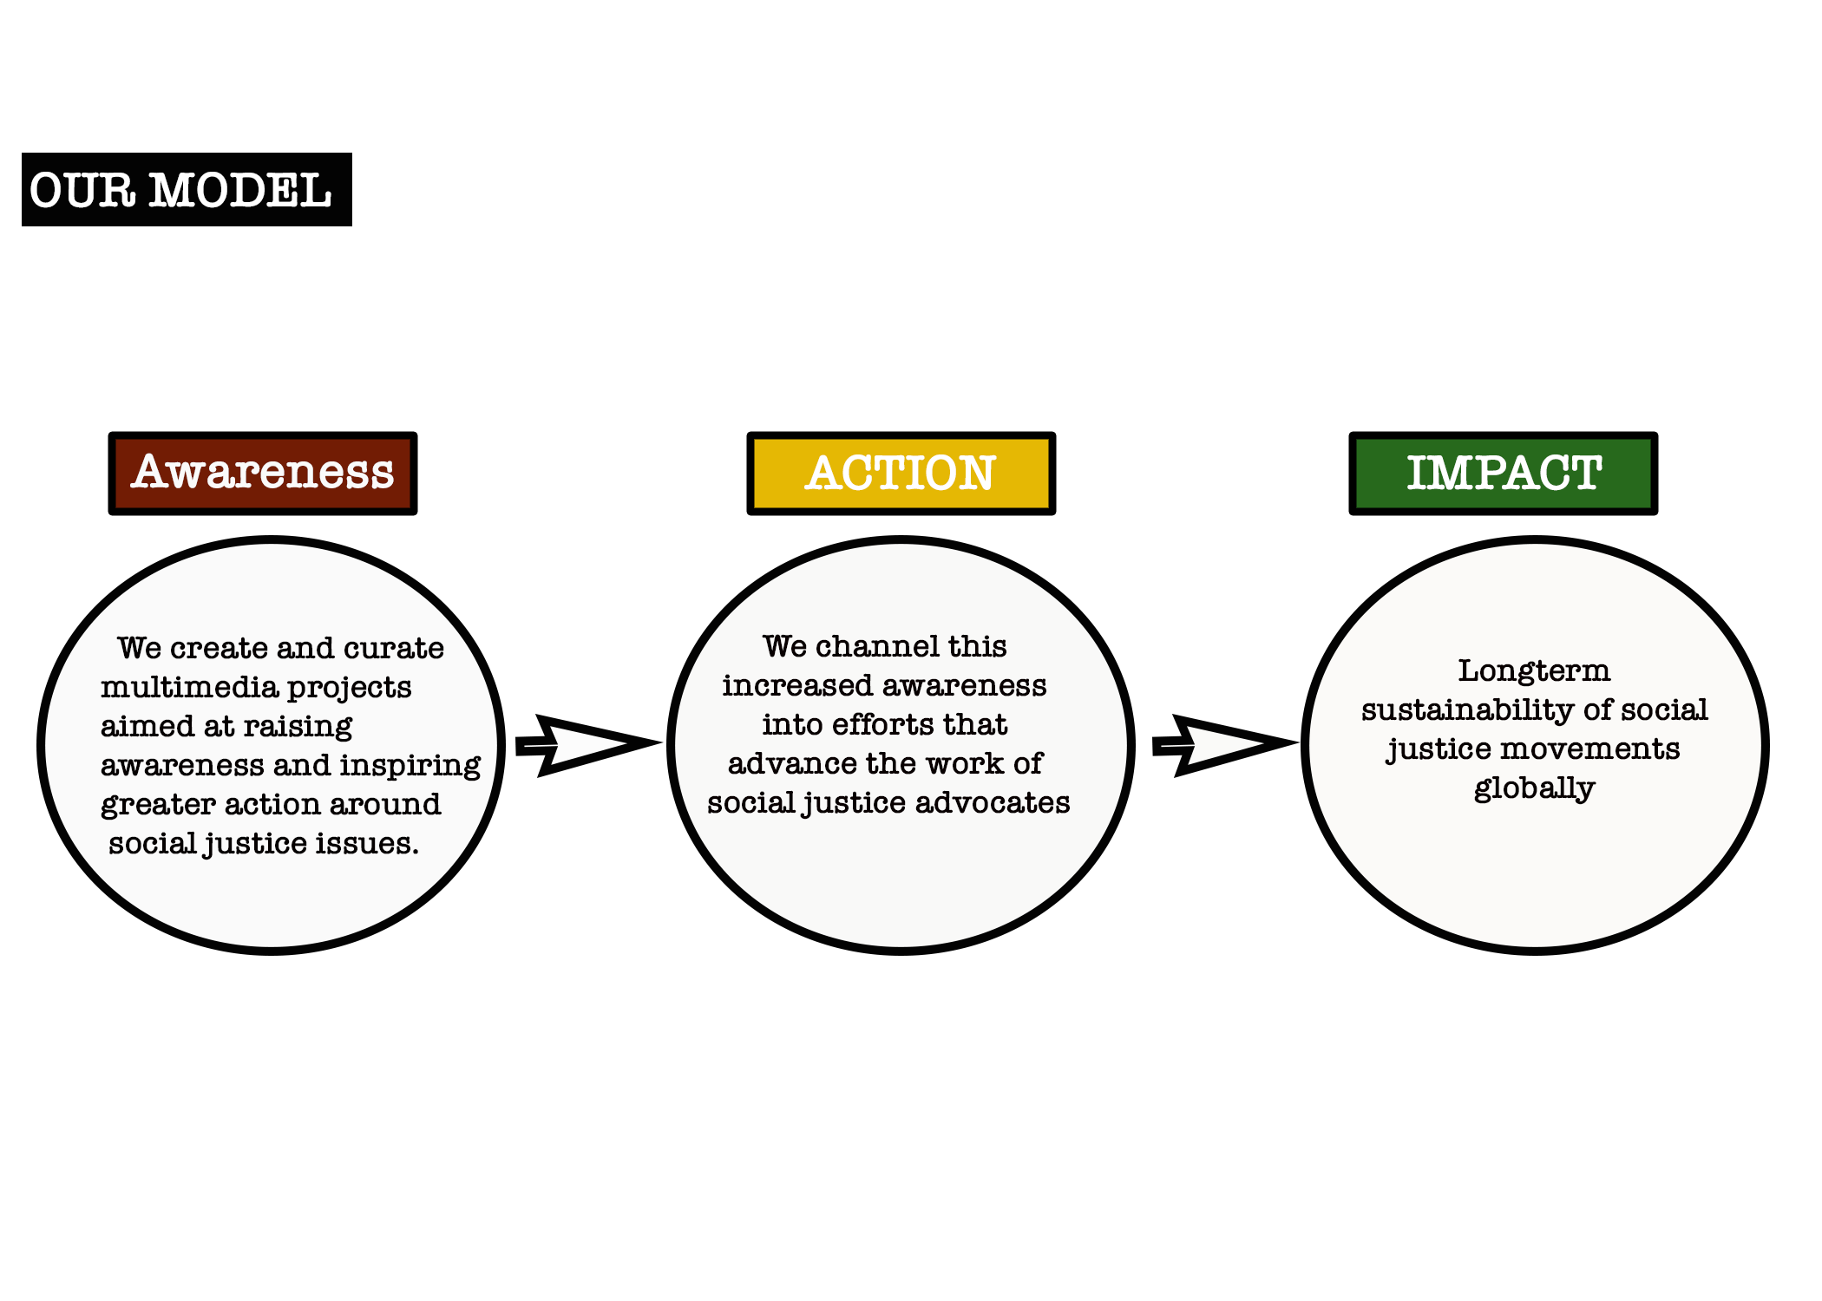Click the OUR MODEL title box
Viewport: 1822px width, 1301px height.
click(x=187, y=189)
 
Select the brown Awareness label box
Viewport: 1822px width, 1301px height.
click(x=263, y=474)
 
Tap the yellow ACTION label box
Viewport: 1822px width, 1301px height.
click(x=901, y=474)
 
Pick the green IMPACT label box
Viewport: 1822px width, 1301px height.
click(x=1504, y=474)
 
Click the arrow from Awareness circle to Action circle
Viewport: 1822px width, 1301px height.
click(x=588, y=745)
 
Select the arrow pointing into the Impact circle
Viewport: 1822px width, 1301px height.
click(x=1225, y=745)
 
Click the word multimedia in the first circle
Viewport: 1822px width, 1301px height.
click(x=190, y=687)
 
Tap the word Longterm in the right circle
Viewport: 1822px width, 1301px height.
click(x=1534, y=671)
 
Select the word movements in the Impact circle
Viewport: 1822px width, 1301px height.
click(x=1590, y=749)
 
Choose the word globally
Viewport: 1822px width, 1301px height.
click(x=1534, y=788)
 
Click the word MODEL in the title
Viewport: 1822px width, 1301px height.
click(x=240, y=191)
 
